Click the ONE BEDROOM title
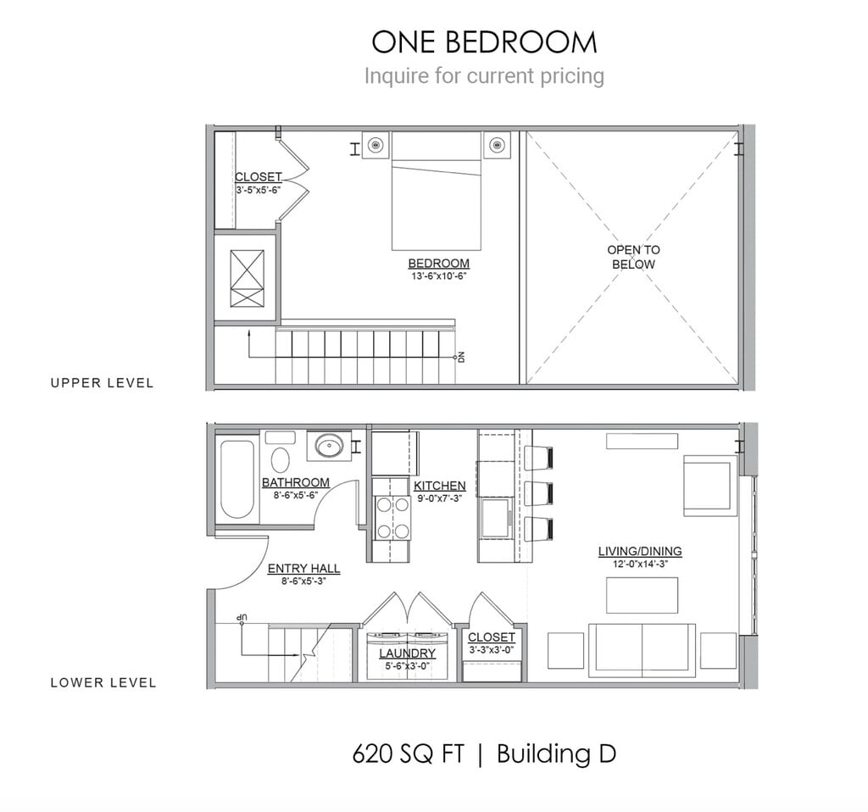[x=484, y=42]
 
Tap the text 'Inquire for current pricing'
[x=484, y=75]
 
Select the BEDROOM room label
[x=438, y=264]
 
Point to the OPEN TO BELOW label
[x=633, y=257]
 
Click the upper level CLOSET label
[x=258, y=177]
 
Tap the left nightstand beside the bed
[x=376, y=145]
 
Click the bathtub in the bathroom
[x=237, y=479]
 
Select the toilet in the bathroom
[x=281, y=456]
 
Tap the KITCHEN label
[x=439, y=486]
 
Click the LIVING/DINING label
[x=639, y=551]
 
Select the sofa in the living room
[x=642, y=649]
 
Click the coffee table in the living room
[x=642, y=594]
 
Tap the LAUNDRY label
[x=407, y=653]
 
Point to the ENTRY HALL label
[x=303, y=569]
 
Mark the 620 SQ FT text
[x=408, y=754]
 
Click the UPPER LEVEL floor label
[x=102, y=383]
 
